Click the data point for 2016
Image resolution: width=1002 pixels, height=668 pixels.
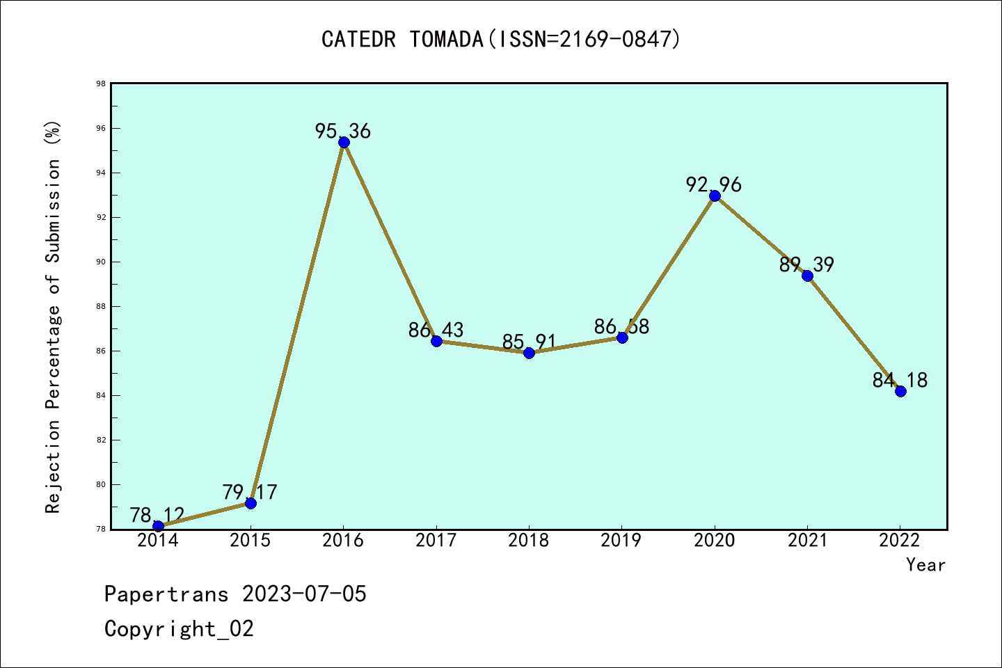coord(344,143)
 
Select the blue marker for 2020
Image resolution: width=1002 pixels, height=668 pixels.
coord(715,196)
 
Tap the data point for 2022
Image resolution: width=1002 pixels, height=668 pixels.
coord(900,391)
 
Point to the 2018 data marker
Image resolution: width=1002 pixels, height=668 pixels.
coord(529,353)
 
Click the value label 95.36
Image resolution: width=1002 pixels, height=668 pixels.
coord(343,131)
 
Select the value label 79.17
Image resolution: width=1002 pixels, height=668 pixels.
coord(250,492)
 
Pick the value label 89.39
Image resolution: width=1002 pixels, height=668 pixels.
coord(806,264)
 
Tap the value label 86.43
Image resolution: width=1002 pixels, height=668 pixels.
coord(436,330)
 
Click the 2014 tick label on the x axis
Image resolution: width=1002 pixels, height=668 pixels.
coord(158,541)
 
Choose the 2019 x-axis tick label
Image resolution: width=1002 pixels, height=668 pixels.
coord(621,541)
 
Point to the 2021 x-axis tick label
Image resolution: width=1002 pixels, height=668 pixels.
coord(807,541)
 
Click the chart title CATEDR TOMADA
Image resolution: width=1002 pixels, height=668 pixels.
coord(402,40)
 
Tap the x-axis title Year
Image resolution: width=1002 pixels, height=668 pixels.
coord(925,565)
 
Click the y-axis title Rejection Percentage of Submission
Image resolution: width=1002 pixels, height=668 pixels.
coord(54,317)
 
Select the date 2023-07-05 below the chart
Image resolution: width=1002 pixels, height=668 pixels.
coord(304,594)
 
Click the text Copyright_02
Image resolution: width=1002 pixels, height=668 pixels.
coord(179,629)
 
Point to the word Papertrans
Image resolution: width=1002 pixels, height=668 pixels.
coord(166,594)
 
